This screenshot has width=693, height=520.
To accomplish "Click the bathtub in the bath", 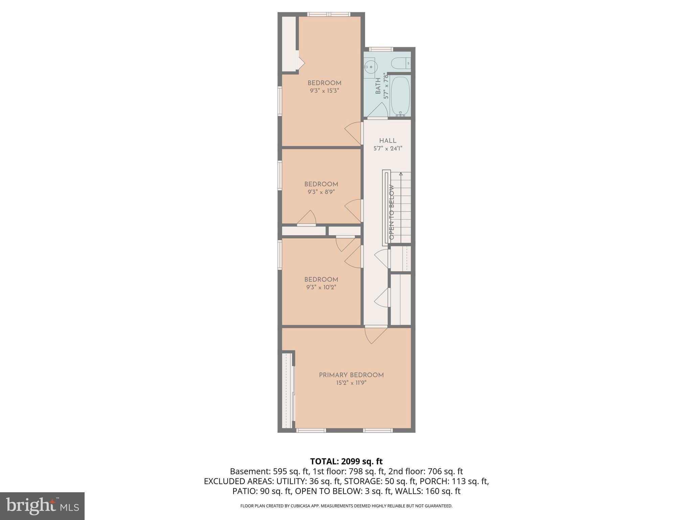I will click(400, 96).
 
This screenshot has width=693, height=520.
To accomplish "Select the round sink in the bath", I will click(371, 66).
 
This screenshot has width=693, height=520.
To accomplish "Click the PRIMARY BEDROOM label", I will click(351, 375).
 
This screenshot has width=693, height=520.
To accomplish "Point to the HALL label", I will click(387, 141).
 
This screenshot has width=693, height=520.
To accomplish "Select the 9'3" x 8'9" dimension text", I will click(321, 192).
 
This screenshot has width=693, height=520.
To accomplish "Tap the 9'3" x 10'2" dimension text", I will click(321, 287).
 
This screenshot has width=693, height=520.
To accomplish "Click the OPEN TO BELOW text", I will click(392, 212).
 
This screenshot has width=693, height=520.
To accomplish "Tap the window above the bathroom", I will click(381, 49).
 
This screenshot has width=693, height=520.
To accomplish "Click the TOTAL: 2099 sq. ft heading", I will click(346, 461).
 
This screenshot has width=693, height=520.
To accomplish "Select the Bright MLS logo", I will click(42, 506).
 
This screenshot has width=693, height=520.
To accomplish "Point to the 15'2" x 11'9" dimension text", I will click(351, 383).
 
